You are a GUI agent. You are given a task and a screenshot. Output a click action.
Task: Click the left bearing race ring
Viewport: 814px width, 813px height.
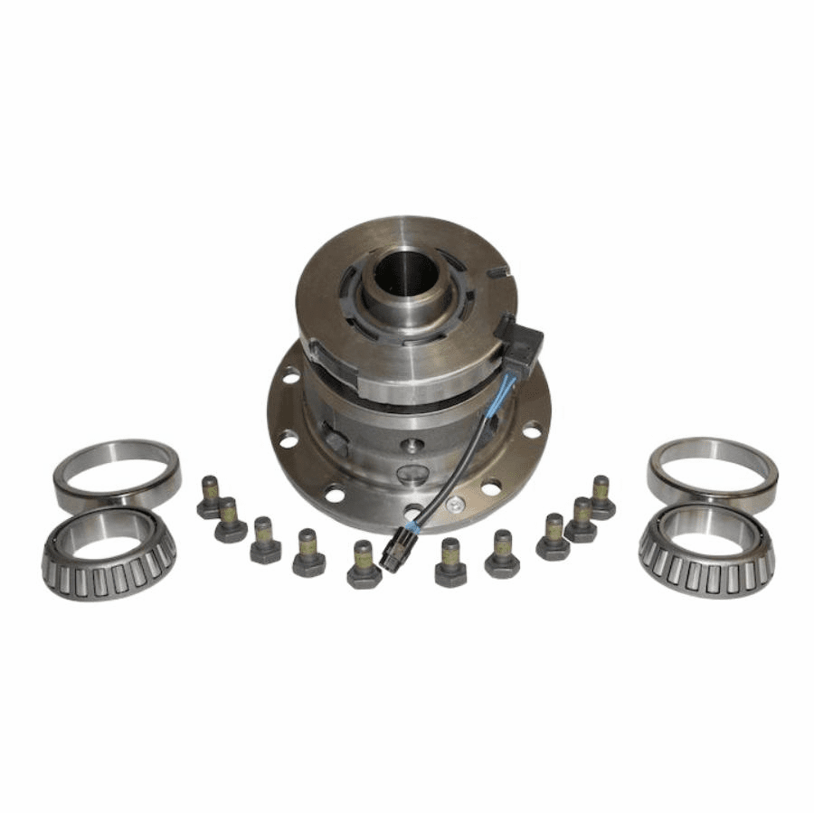click(117, 474)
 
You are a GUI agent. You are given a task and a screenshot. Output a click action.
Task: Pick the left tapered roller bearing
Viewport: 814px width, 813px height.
click(109, 553)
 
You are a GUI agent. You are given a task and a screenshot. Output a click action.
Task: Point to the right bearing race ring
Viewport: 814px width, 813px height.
click(713, 472)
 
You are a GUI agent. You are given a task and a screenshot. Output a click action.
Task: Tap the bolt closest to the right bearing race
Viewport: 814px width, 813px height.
click(601, 496)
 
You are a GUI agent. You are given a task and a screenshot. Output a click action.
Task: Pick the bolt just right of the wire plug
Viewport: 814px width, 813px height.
click(450, 562)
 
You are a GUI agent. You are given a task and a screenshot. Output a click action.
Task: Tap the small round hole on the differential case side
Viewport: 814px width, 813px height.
click(412, 445)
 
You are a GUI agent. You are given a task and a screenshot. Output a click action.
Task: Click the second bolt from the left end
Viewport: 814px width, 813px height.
click(230, 520)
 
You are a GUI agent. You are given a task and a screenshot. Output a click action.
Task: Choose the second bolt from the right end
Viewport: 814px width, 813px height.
click(581, 518)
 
